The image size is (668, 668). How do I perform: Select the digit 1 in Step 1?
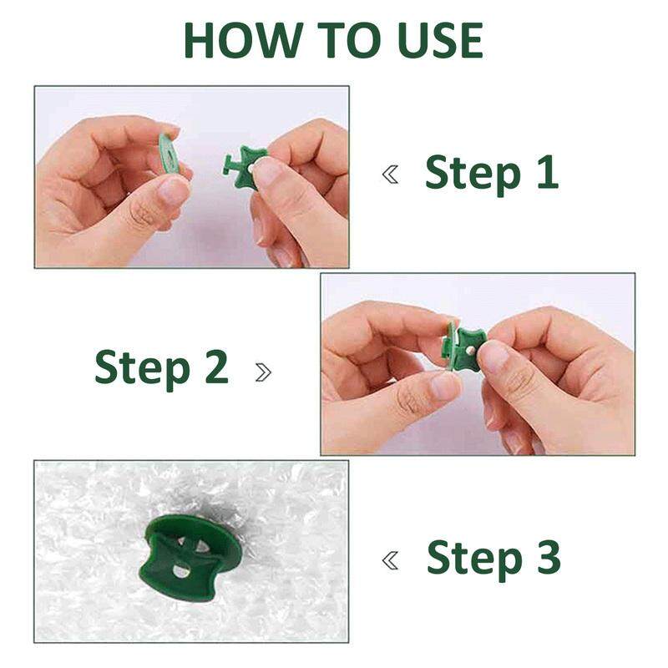tap(549, 172)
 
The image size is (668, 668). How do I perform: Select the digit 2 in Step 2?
tap(217, 366)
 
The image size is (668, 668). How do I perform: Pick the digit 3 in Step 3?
tap(549, 556)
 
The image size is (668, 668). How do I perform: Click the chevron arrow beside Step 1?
tap(390, 175)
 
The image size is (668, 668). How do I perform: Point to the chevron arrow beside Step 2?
tap(263, 372)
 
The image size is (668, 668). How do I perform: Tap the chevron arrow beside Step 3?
tap(390, 560)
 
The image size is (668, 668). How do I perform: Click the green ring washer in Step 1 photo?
tap(169, 154)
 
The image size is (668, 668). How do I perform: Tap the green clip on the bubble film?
tap(190, 558)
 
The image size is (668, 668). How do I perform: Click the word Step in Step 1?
tap(473, 175)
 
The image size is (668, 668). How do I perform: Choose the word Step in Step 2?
tap(142, 369)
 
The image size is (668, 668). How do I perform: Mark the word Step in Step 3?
tap(474, 559)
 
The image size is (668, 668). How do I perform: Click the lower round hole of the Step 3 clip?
tap(181, 571)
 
